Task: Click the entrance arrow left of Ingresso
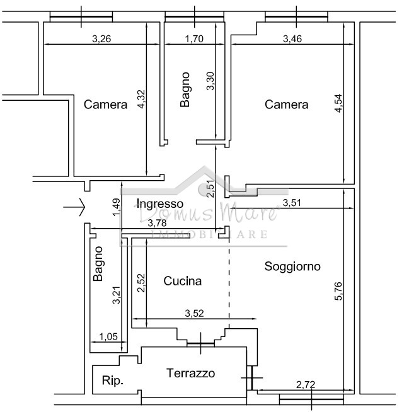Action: click(74, 207)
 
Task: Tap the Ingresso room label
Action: click(160, 203)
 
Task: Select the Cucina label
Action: click(182, 281)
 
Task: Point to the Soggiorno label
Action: click(292, 266)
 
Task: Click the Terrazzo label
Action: click(190, 373)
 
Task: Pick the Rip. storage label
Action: click(113, 381)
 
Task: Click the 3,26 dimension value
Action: click(101, 39)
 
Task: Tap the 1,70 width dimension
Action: click(194, 39)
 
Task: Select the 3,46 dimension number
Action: click(292, 39)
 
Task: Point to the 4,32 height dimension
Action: click(141, 99)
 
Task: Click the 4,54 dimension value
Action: click(338, 103)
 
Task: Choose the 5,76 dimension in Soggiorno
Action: click(338, 291)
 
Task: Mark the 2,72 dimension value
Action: click(306, 385)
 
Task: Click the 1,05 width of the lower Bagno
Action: click(108, 336)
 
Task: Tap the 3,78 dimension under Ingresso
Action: click(157, 223)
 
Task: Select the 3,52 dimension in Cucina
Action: click(194, 313)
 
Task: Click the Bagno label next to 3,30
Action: click(185, 89)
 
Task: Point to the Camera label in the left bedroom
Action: click(105, 105)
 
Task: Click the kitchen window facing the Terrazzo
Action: click(201, 343)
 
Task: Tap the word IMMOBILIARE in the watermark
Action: click(209, 234)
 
